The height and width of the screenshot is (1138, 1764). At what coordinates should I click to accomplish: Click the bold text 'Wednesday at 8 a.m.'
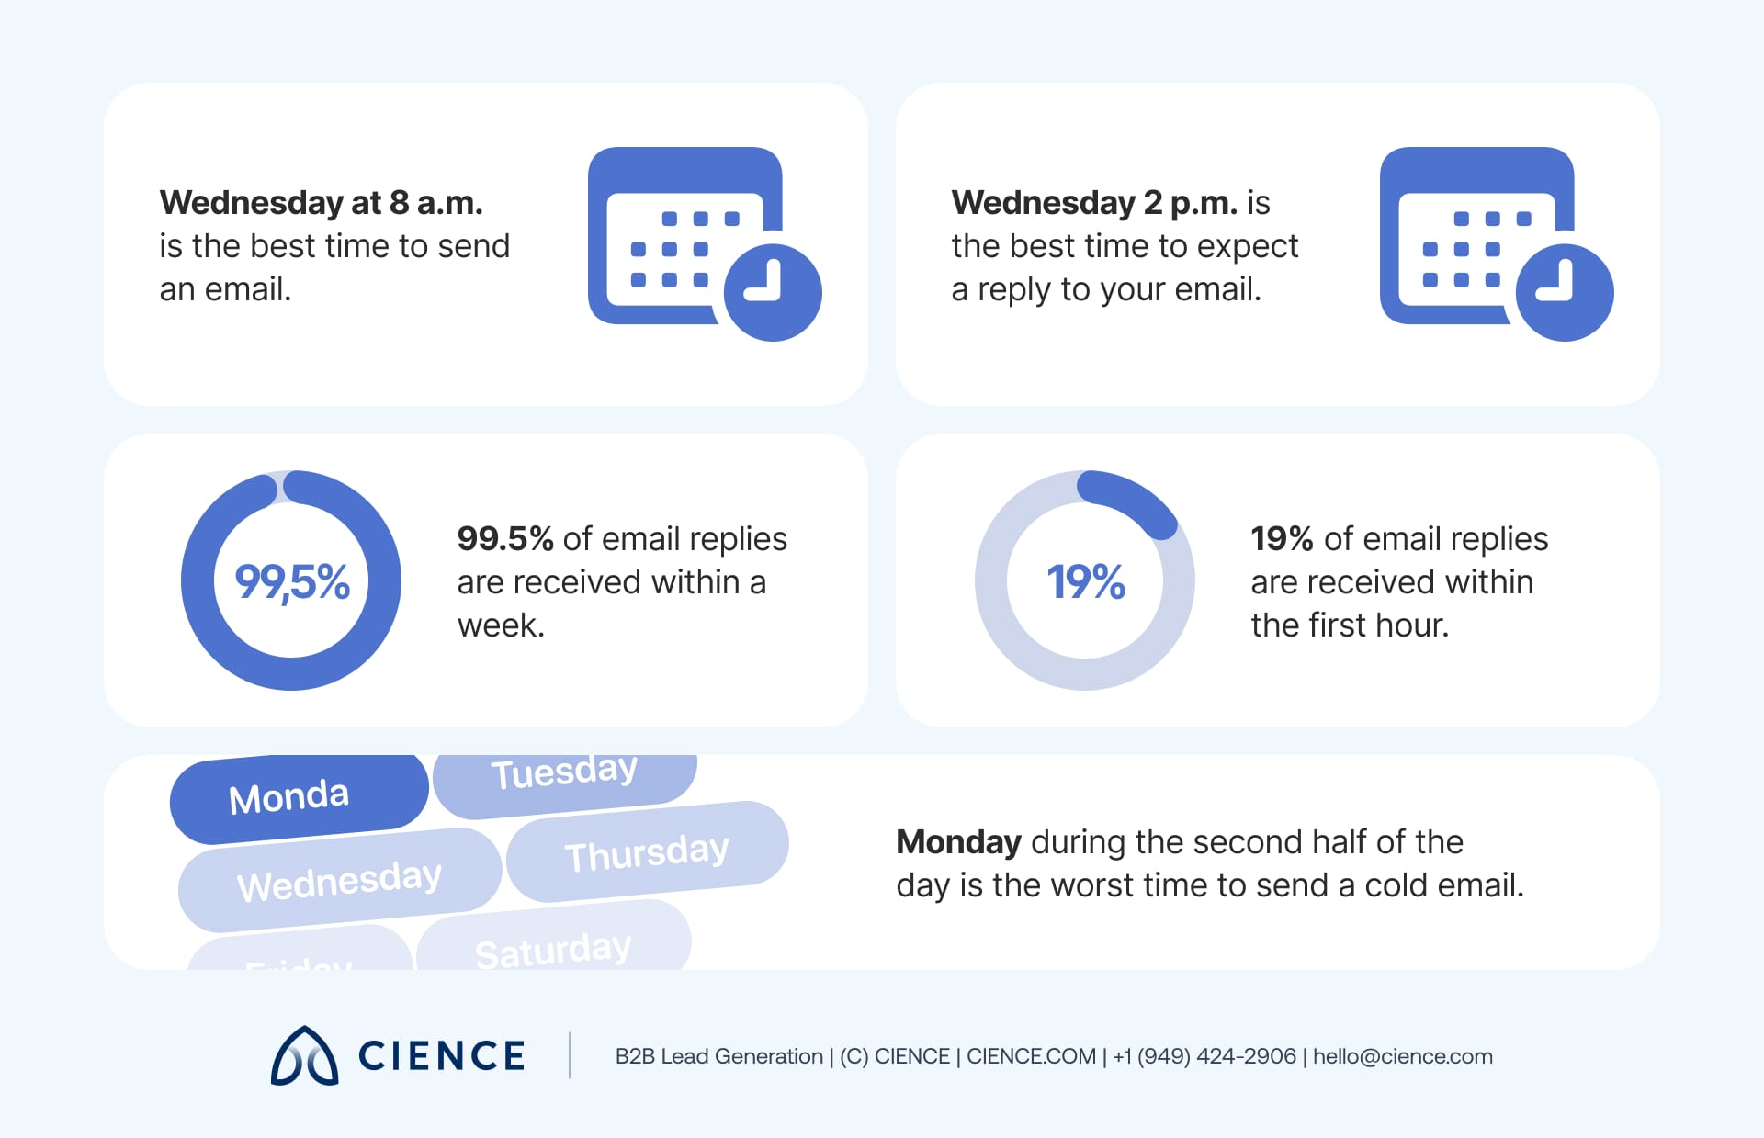click(321, 203)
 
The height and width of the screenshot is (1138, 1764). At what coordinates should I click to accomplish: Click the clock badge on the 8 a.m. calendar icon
click(772, 292)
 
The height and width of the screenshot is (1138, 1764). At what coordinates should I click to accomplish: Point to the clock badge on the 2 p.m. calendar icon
click(1564, 292)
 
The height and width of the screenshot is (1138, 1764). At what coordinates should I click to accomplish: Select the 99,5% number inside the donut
click(292, 581)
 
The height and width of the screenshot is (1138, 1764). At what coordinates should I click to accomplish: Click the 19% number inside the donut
click(1085, 581)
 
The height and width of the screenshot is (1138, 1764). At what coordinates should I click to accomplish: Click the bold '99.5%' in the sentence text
click(504, 539)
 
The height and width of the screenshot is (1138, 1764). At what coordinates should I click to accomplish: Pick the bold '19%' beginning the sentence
click(1281, 539)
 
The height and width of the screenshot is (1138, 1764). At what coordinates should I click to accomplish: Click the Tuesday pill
click(564, 776)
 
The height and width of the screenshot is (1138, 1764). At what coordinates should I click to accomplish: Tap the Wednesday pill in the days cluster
click(339, 880)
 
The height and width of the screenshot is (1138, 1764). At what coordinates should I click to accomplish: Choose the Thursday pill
click(647, 851)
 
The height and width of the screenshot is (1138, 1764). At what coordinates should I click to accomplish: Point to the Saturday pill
click(553, 946)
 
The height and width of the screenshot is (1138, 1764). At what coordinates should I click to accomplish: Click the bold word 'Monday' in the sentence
click(957, 842)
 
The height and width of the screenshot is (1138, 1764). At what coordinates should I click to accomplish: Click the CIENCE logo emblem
click(304, 1056)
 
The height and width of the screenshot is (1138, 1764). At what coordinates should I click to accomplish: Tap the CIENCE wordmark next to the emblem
click(441, 1056)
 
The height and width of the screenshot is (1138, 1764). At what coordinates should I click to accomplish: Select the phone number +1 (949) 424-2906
click(1204, 1056)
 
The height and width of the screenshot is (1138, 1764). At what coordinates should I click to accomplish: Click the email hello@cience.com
click(1402, 1056)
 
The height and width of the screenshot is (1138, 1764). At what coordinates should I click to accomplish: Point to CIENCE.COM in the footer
click(1031, 1056)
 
